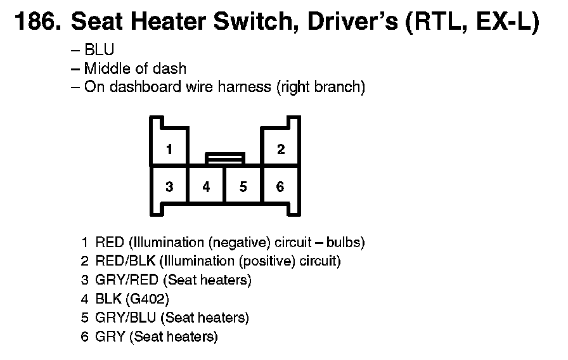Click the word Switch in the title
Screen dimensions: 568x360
pos(252,21)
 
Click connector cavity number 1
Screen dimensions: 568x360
pos(169,149)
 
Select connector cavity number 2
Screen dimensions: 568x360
pos(281,149)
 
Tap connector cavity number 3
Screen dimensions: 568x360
pos(169,186)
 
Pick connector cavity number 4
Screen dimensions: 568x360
pos(206,186)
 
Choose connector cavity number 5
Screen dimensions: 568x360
pos(243,186)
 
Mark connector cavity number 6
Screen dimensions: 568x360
pos(280,186)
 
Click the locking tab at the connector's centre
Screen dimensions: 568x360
pos(225,158)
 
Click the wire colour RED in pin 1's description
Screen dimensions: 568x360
pos(110,242)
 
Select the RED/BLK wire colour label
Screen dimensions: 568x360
pos(126,260)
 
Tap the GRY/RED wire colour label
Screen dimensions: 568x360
pos(127,280)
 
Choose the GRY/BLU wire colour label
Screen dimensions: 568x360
pos(126,318)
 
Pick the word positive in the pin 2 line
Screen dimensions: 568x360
pos(268,261)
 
